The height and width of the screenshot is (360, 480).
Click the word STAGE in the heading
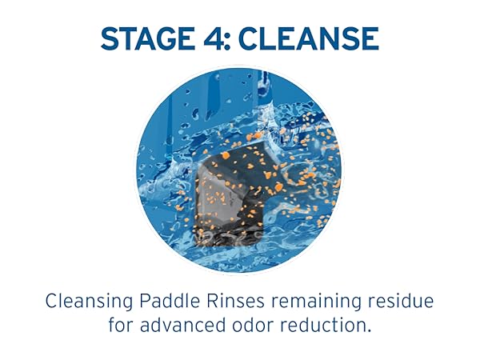[x=148, y=38]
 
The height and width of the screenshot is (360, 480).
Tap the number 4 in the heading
[x=213, y=38]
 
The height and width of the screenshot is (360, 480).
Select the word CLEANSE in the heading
[x=309, y=38]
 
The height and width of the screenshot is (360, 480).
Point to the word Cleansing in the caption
[x=89, y=302]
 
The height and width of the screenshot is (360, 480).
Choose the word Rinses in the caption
[x=235, y=302]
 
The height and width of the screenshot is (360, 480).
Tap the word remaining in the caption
[x=316, y=302]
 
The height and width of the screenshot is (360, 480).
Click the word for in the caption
[x=121, y=325]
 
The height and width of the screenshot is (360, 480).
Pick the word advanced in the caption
[x=182, y=325]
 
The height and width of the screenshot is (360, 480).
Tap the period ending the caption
[x=368, y=330]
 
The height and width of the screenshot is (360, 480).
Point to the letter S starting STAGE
[x=110, y=38]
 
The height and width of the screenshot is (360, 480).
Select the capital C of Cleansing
[x=52, y=302]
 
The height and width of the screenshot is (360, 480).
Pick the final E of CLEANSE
[x=371, y=38]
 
